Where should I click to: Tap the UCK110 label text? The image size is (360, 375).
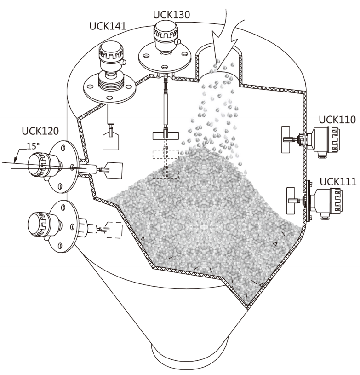(x=337, y=119)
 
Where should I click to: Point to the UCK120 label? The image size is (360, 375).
(x=40, y=131)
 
